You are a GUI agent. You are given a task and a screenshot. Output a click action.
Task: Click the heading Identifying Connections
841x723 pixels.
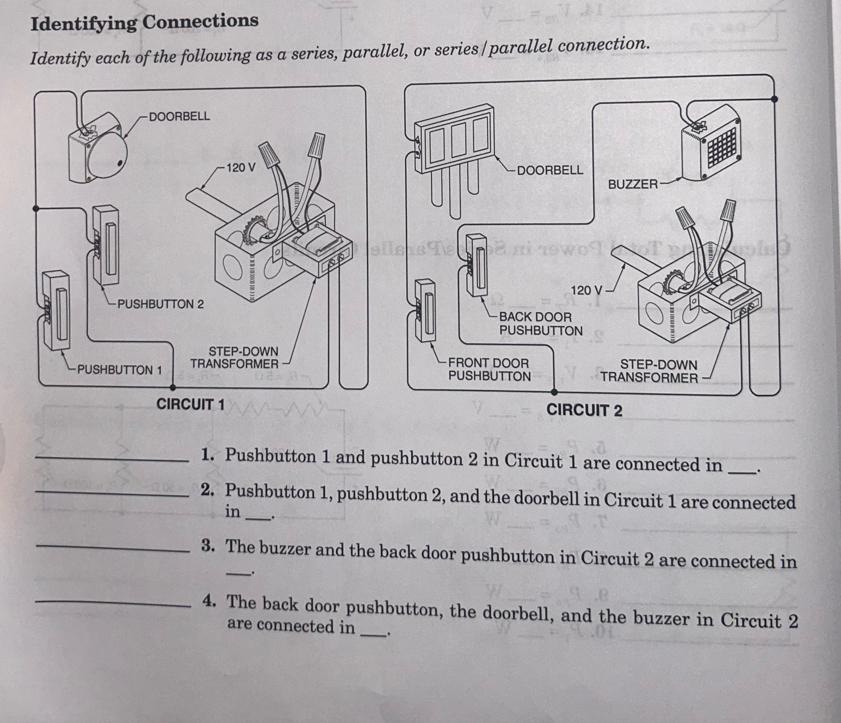click(144, 22)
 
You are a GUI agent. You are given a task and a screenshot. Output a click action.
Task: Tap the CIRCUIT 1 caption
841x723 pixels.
click(191, 404)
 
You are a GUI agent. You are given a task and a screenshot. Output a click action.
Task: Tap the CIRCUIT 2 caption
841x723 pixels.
click(584, 410)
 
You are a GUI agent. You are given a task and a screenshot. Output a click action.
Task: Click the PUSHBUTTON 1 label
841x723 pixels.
click(119, 370)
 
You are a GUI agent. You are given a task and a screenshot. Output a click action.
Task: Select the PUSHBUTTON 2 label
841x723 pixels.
click(161, 304)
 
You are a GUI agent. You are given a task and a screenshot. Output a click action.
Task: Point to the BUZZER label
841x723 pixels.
click(632, 185)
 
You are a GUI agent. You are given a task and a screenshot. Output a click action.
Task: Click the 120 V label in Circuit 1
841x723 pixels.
click(241, 167)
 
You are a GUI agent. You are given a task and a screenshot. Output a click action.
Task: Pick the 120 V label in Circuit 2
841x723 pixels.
click(587, 290)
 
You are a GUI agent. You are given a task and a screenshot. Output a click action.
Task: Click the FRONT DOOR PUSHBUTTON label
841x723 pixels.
click(489, 370)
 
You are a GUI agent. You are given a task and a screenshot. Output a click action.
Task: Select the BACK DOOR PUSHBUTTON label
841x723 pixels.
click(541, 323)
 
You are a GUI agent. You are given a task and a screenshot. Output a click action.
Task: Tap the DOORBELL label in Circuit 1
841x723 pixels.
click(179, 116)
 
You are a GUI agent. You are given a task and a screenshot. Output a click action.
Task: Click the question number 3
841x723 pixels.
click(207, 546)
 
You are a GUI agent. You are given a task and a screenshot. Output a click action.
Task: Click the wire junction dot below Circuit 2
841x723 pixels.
click(555, 392)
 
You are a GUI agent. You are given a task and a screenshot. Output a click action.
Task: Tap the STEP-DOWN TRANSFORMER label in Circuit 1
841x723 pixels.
click(235, 357)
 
